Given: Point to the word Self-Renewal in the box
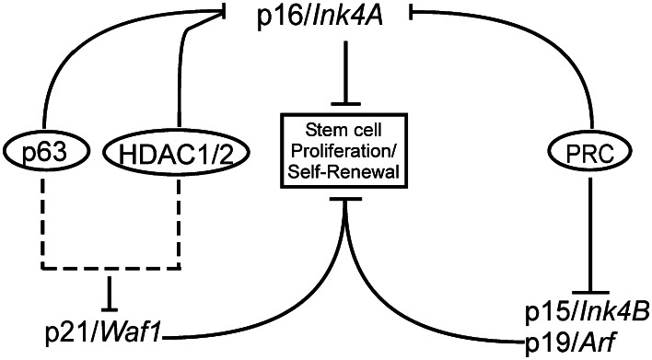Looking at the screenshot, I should pos(343,170).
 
